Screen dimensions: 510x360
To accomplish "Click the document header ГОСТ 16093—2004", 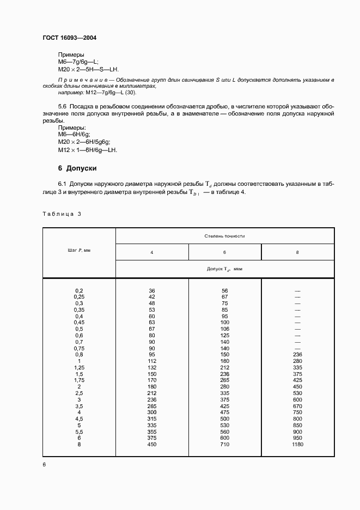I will [69, 38].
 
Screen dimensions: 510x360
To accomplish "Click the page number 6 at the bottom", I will [45, 464].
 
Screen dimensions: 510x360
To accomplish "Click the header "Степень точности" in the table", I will [224, 236].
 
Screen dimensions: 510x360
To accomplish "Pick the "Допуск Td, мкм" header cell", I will [224, 269].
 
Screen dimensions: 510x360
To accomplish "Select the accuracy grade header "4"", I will [152, 253].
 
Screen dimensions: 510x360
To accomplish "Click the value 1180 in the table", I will [297, 445].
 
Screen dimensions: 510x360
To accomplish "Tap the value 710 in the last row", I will [224, 445].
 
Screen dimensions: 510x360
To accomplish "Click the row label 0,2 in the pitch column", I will [79, 290].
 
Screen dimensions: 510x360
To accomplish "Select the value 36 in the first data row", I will [152, 290].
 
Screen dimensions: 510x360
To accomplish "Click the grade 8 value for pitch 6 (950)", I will [297, 438].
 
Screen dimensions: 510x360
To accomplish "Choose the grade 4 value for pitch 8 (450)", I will [152, 445].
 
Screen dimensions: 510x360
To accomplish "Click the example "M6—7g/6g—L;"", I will [78, 63].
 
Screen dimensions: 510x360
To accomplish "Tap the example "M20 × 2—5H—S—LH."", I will [88, 70].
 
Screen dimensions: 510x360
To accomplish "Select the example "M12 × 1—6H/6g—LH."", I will [87, 150].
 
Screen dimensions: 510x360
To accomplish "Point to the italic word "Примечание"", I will [78, 80].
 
